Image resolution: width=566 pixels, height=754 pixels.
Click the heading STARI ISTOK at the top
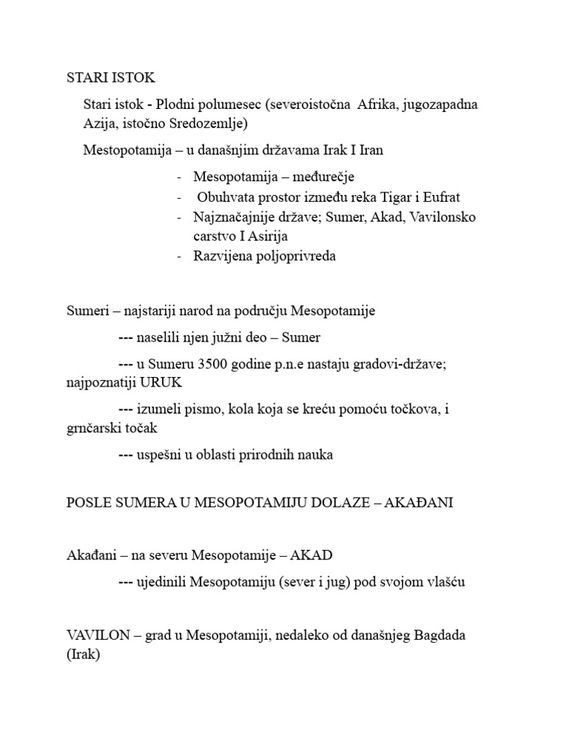pyautogui.click(x=111, y=77)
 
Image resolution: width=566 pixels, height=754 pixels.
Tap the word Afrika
pyautogui.click(x=376, y=104)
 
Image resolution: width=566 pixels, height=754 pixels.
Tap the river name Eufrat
pyautogui.click(x=441, y=197)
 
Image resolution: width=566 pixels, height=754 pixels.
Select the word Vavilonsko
pyautogui.click(x=441, y=217)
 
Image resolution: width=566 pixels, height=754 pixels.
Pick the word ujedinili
pyautogui.click(x=161, y=582)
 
